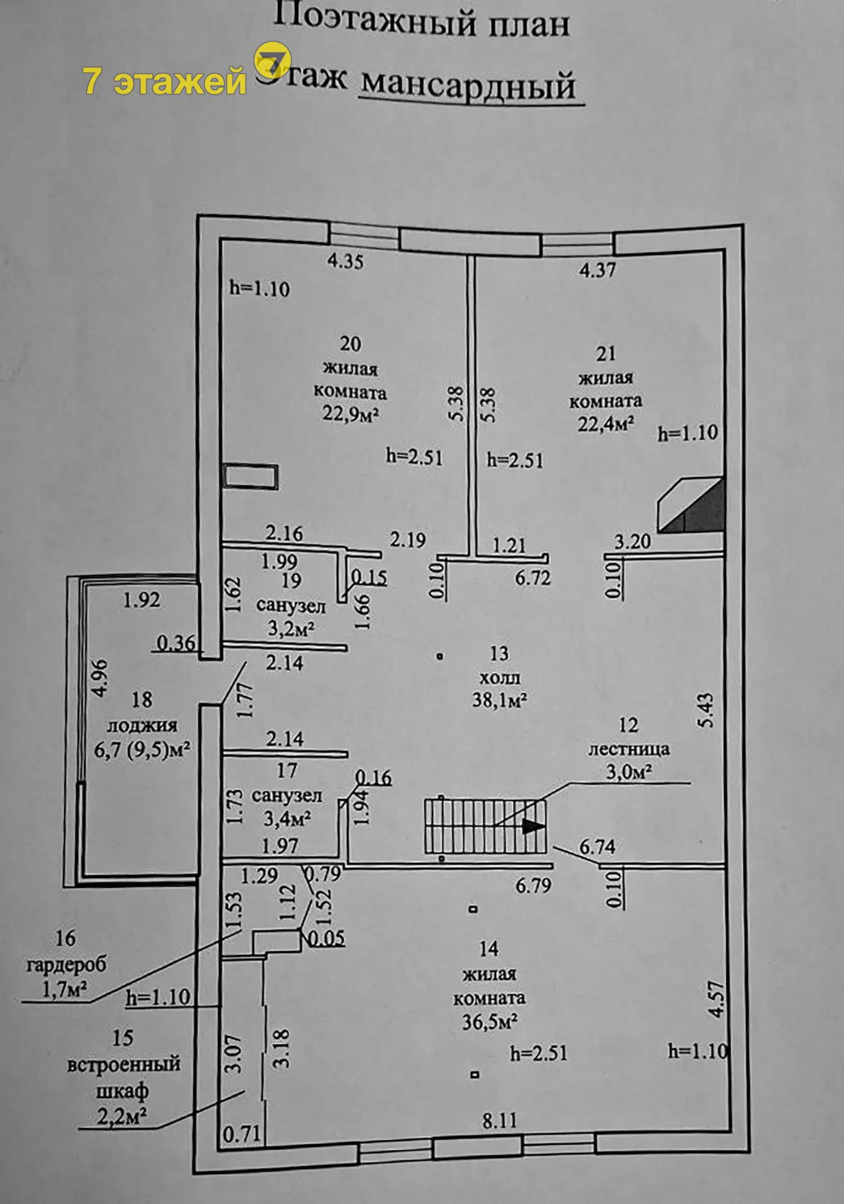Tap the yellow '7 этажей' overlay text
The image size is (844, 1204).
point(165,81)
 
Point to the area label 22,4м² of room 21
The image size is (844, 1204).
point(605,425)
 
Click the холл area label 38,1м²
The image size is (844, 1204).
point(499,699)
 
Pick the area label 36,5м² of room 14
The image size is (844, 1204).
point(489,1022)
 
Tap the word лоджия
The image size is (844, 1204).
point(142,726)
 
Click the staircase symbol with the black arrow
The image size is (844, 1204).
point(485,825)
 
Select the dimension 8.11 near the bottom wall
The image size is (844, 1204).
point(499,1120)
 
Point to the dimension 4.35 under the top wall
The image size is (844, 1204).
point(346,261)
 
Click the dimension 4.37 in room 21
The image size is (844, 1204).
point(598,270)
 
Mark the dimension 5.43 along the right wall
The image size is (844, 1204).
point(706,710)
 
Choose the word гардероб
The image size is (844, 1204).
point(66,964)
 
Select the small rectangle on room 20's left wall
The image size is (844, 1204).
point(250,476)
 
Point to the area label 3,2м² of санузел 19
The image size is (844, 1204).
point(291,628)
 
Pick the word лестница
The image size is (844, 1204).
point(628,749)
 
